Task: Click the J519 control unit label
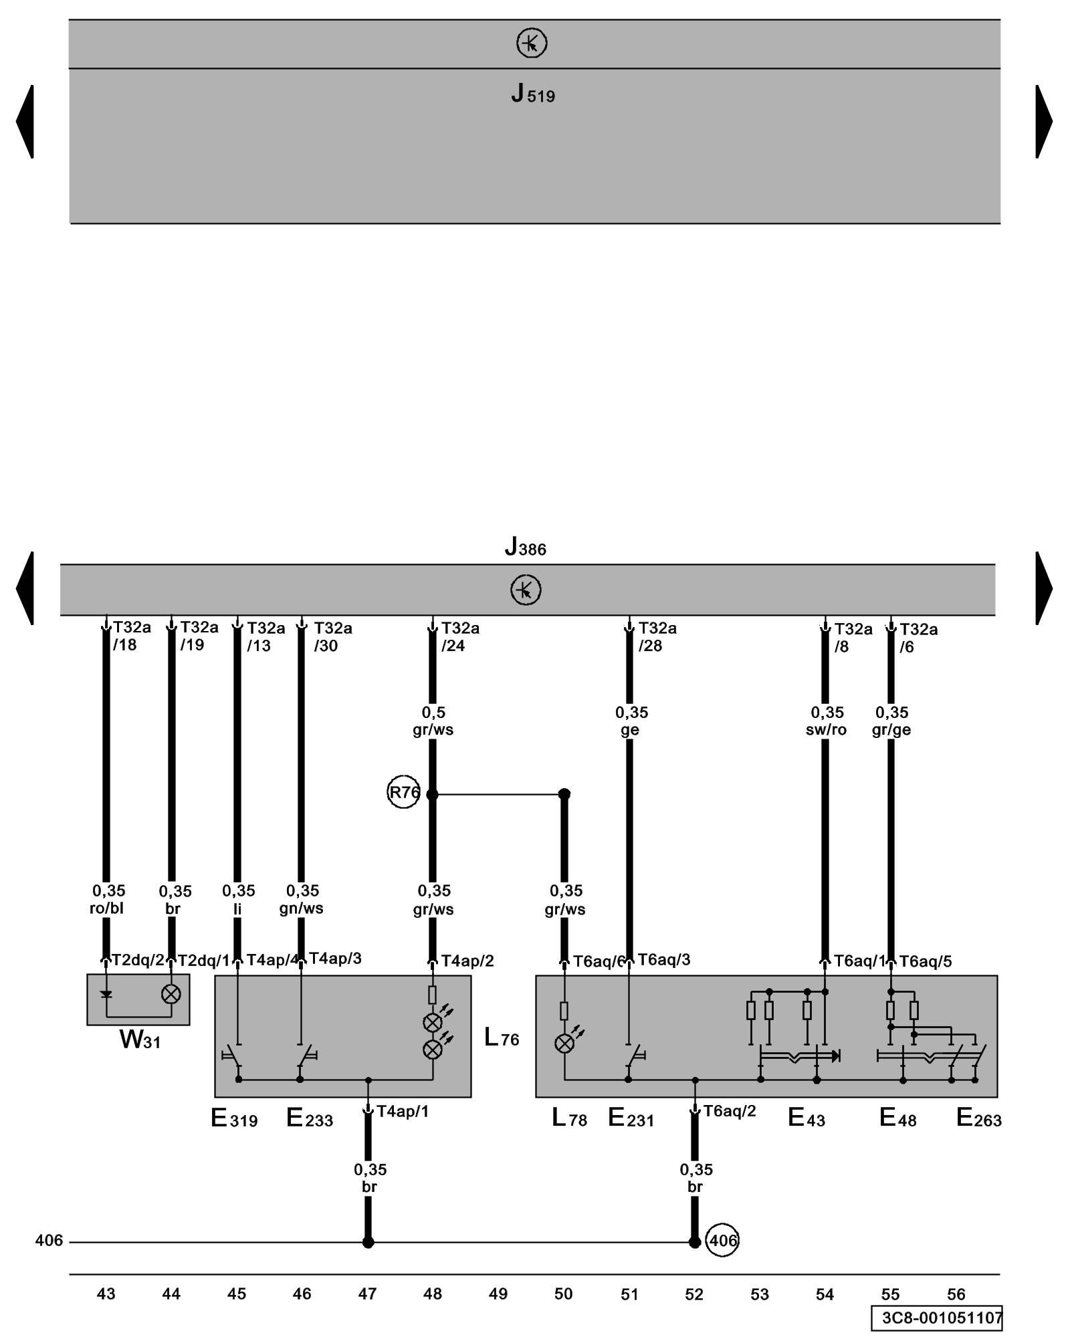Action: click(x=532, y=95)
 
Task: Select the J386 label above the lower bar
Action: click(x=525, y=548)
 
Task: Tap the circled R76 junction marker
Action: click(x=403, y=793)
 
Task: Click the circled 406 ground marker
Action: click(x=722, y=1241)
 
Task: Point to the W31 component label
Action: click(x=140, y=1040)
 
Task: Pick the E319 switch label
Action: click(x=234, y=1118)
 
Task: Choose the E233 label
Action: click(x=310, y=1118)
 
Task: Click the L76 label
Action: click(x=502, y=1038)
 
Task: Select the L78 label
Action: click(x=569, y=1118)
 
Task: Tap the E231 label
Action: click(x=631, y=1118)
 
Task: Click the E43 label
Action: click(x=806, y=1118)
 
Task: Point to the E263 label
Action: click(x=978, y=1118)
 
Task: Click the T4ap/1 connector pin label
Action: click(x=402, y=1111)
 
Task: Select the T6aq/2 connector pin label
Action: click(x=729, y=1111)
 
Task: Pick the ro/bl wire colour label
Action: click(x=107, y=908)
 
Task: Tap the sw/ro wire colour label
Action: click(x=826, y=730)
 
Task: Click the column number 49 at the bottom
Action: click(x=498, y=1294)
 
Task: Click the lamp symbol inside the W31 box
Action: click(x=171, y=995)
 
